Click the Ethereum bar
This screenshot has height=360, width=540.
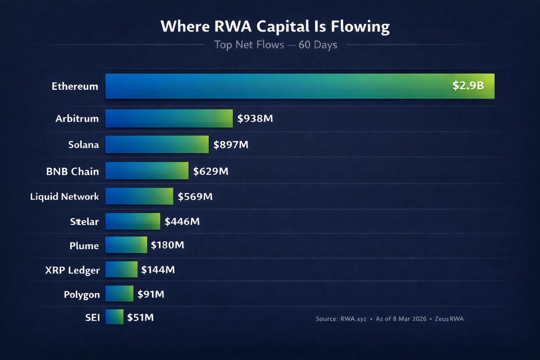point(300,86)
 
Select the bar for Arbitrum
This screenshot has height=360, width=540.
point(169,119)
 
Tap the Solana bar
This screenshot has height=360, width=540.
point(157,145)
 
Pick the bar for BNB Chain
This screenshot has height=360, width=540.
point(147,171)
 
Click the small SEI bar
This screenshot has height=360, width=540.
point(114,317)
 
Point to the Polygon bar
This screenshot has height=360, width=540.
point(119,294)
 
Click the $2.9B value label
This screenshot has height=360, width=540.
point(468,86)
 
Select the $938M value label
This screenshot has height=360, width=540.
point(256,119)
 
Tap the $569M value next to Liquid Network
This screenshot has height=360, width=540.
point(195,197)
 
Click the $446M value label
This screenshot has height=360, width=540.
point(182,221)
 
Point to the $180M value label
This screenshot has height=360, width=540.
point(167,245)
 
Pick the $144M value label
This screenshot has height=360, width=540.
point(158,270)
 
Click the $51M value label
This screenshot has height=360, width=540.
point(140,317)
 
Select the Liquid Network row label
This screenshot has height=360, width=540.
point(64,197)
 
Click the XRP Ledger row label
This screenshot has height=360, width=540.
point(72,270)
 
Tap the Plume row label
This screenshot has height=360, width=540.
point(84,246)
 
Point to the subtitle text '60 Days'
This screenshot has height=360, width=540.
point(318,45)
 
